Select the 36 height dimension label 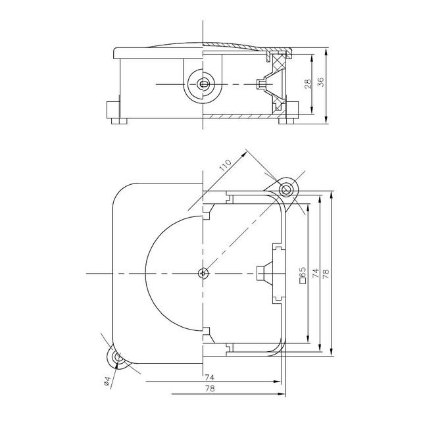(320, 82)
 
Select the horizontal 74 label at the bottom (209, 378)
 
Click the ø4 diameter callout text (108, 382)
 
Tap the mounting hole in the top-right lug (287, 190)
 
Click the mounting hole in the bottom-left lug (118, 358)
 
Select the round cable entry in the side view (202, 84)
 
